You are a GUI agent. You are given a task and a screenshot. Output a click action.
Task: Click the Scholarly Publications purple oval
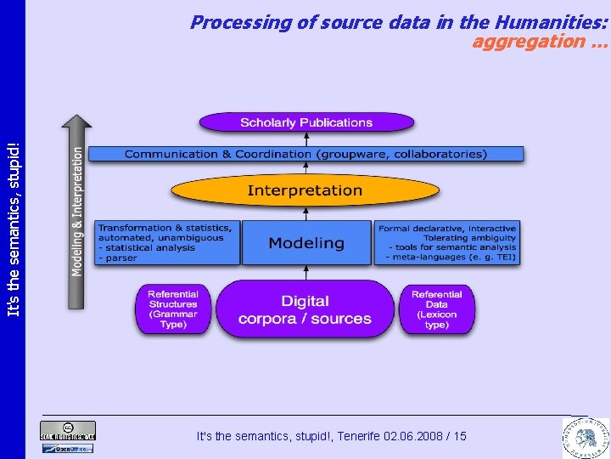point(306,122)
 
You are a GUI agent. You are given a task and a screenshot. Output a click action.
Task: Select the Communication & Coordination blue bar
point(305,154)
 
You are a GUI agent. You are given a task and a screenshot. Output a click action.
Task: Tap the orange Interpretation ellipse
point(305,190)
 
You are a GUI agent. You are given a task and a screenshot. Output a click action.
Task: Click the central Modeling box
point(306,243)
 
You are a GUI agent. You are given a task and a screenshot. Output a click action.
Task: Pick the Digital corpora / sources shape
point(305,309)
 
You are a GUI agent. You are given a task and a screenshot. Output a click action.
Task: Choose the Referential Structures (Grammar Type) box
point(173,309)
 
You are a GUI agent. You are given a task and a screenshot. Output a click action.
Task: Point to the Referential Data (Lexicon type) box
point(437,309)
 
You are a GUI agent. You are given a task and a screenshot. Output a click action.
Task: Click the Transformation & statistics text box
point(165,242)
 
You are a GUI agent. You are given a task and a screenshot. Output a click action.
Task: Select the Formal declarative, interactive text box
point(447,242)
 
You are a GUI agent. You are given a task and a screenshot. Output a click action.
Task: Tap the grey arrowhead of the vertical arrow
point(76,123)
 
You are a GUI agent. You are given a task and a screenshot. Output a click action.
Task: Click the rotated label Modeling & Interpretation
point(77,211)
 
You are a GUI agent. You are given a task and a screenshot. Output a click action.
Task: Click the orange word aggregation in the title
point(528,41)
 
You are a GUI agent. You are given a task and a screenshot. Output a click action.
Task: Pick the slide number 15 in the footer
point(460,436)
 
